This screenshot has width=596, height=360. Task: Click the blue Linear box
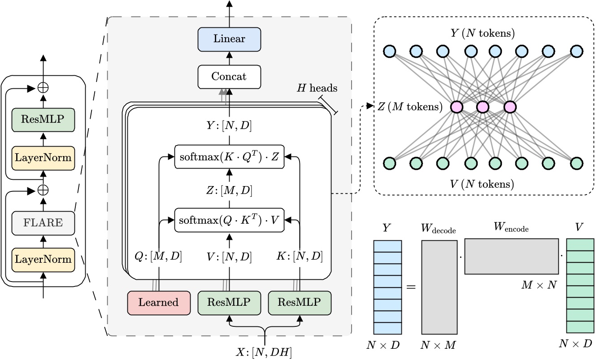[229, 39]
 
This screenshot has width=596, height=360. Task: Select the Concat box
[229, 76]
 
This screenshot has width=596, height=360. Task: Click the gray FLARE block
[43, 222]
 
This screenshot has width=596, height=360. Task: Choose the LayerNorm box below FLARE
[43, 259]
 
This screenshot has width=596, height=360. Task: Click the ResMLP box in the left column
[43, 120]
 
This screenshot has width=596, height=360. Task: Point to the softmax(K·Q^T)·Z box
[229, 158]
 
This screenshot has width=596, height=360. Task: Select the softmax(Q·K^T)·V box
[229, 220]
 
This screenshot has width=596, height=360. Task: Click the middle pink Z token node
[483, 107]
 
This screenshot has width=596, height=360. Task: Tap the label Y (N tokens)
[483, 34]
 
